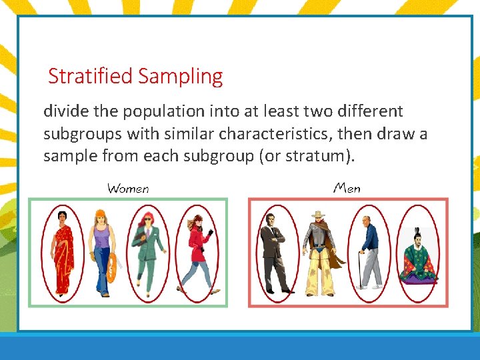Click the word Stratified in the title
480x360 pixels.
point(91,77)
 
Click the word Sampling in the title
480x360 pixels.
point(180,77)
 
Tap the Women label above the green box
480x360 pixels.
point(128,188)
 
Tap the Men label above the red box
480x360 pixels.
point(347,188)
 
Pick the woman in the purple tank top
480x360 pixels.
point(103,252)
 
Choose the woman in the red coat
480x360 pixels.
point(197,252)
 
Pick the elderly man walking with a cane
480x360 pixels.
point(369,252)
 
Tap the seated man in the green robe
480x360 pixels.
point(418,257)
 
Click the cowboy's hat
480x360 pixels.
point(319,215)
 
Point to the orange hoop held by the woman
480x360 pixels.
point(113,267)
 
